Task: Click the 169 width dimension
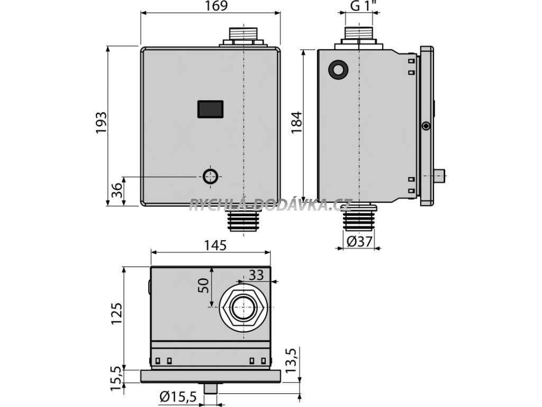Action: point(216,7)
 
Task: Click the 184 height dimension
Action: point(296,123)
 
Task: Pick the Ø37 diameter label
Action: point(359,242)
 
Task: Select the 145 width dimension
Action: point(215,245)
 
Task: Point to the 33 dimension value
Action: point(256,275)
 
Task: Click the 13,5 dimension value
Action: point(290,360)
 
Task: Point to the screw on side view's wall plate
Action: point(426,126)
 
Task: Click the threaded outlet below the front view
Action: point(242,219)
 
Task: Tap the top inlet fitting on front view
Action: point(243,36)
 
